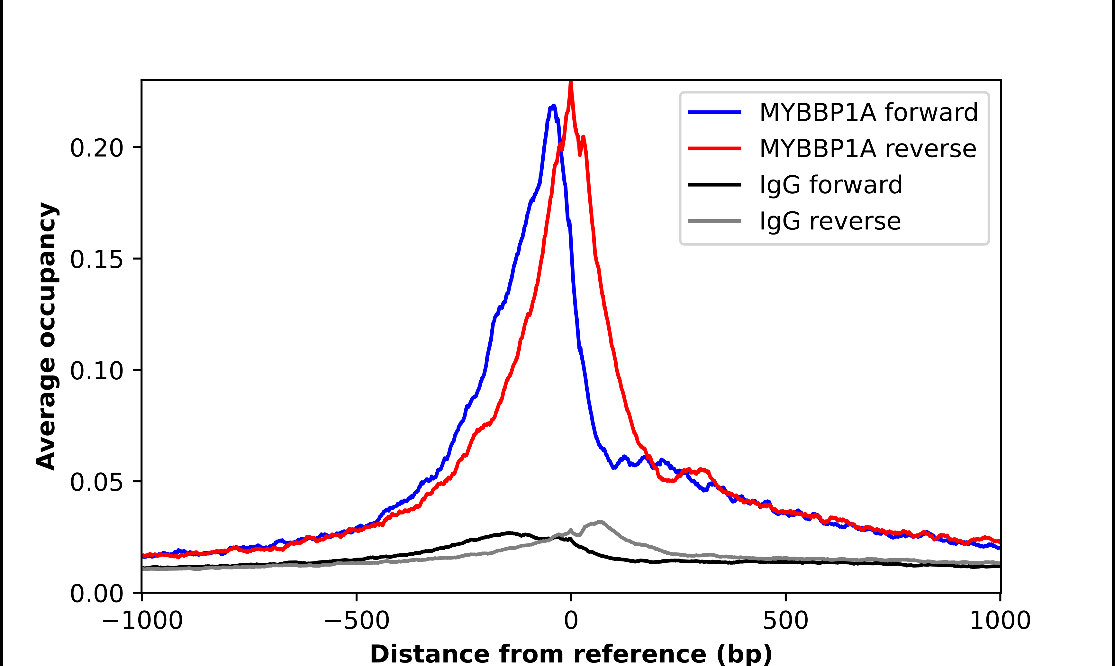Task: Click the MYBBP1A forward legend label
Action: coord(868,112)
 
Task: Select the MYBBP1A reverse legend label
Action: coord(867,149)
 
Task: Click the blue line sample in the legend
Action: coord(715,112)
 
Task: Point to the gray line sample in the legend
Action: coord(715,221)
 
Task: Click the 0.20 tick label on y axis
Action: coord(96,148)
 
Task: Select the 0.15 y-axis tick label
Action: coord(96,259)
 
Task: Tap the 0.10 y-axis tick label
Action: coord(96,370)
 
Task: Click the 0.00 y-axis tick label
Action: coord(96,593)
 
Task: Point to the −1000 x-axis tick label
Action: coord(142,621)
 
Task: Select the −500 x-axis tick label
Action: coord(357,621)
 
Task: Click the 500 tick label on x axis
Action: coord(785,621)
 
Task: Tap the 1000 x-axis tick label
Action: coord(1000,621)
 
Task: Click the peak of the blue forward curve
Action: coord(553,107)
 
